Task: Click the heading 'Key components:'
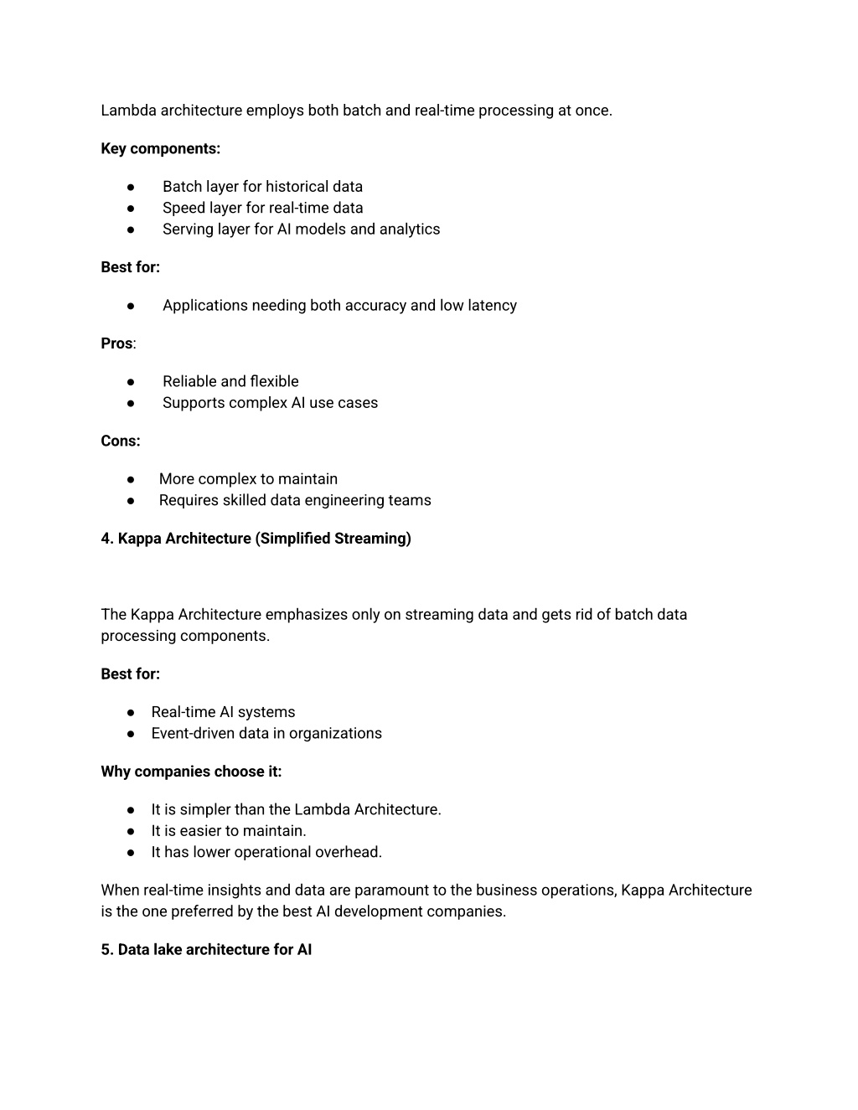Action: click(x=160, y=149)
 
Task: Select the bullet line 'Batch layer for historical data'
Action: click(x=262, y=187)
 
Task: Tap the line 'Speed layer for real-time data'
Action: click(x=262, y=208)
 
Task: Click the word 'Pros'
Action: click(x=116, y=343)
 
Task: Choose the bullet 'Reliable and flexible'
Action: click(x=230, y=381)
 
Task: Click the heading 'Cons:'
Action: click(x=121, y=441)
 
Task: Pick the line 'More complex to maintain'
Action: click(x=248, y=479)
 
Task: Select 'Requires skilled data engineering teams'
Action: click(x=295, y=500)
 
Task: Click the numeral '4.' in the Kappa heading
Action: click(x=107, y=539)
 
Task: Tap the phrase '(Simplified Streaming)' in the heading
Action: click(x=333, y=539)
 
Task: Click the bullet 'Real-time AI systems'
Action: click(x=223, y=712)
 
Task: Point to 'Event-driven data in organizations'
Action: click(x=266, y=733)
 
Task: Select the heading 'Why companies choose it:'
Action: click(x=191, y=772)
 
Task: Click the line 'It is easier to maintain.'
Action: click(x=229, y=831)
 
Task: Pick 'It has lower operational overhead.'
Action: click(x=266, y=852)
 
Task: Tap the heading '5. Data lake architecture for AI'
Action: click(x=206, y=950)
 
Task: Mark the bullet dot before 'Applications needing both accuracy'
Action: click(x=132, y=306)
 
